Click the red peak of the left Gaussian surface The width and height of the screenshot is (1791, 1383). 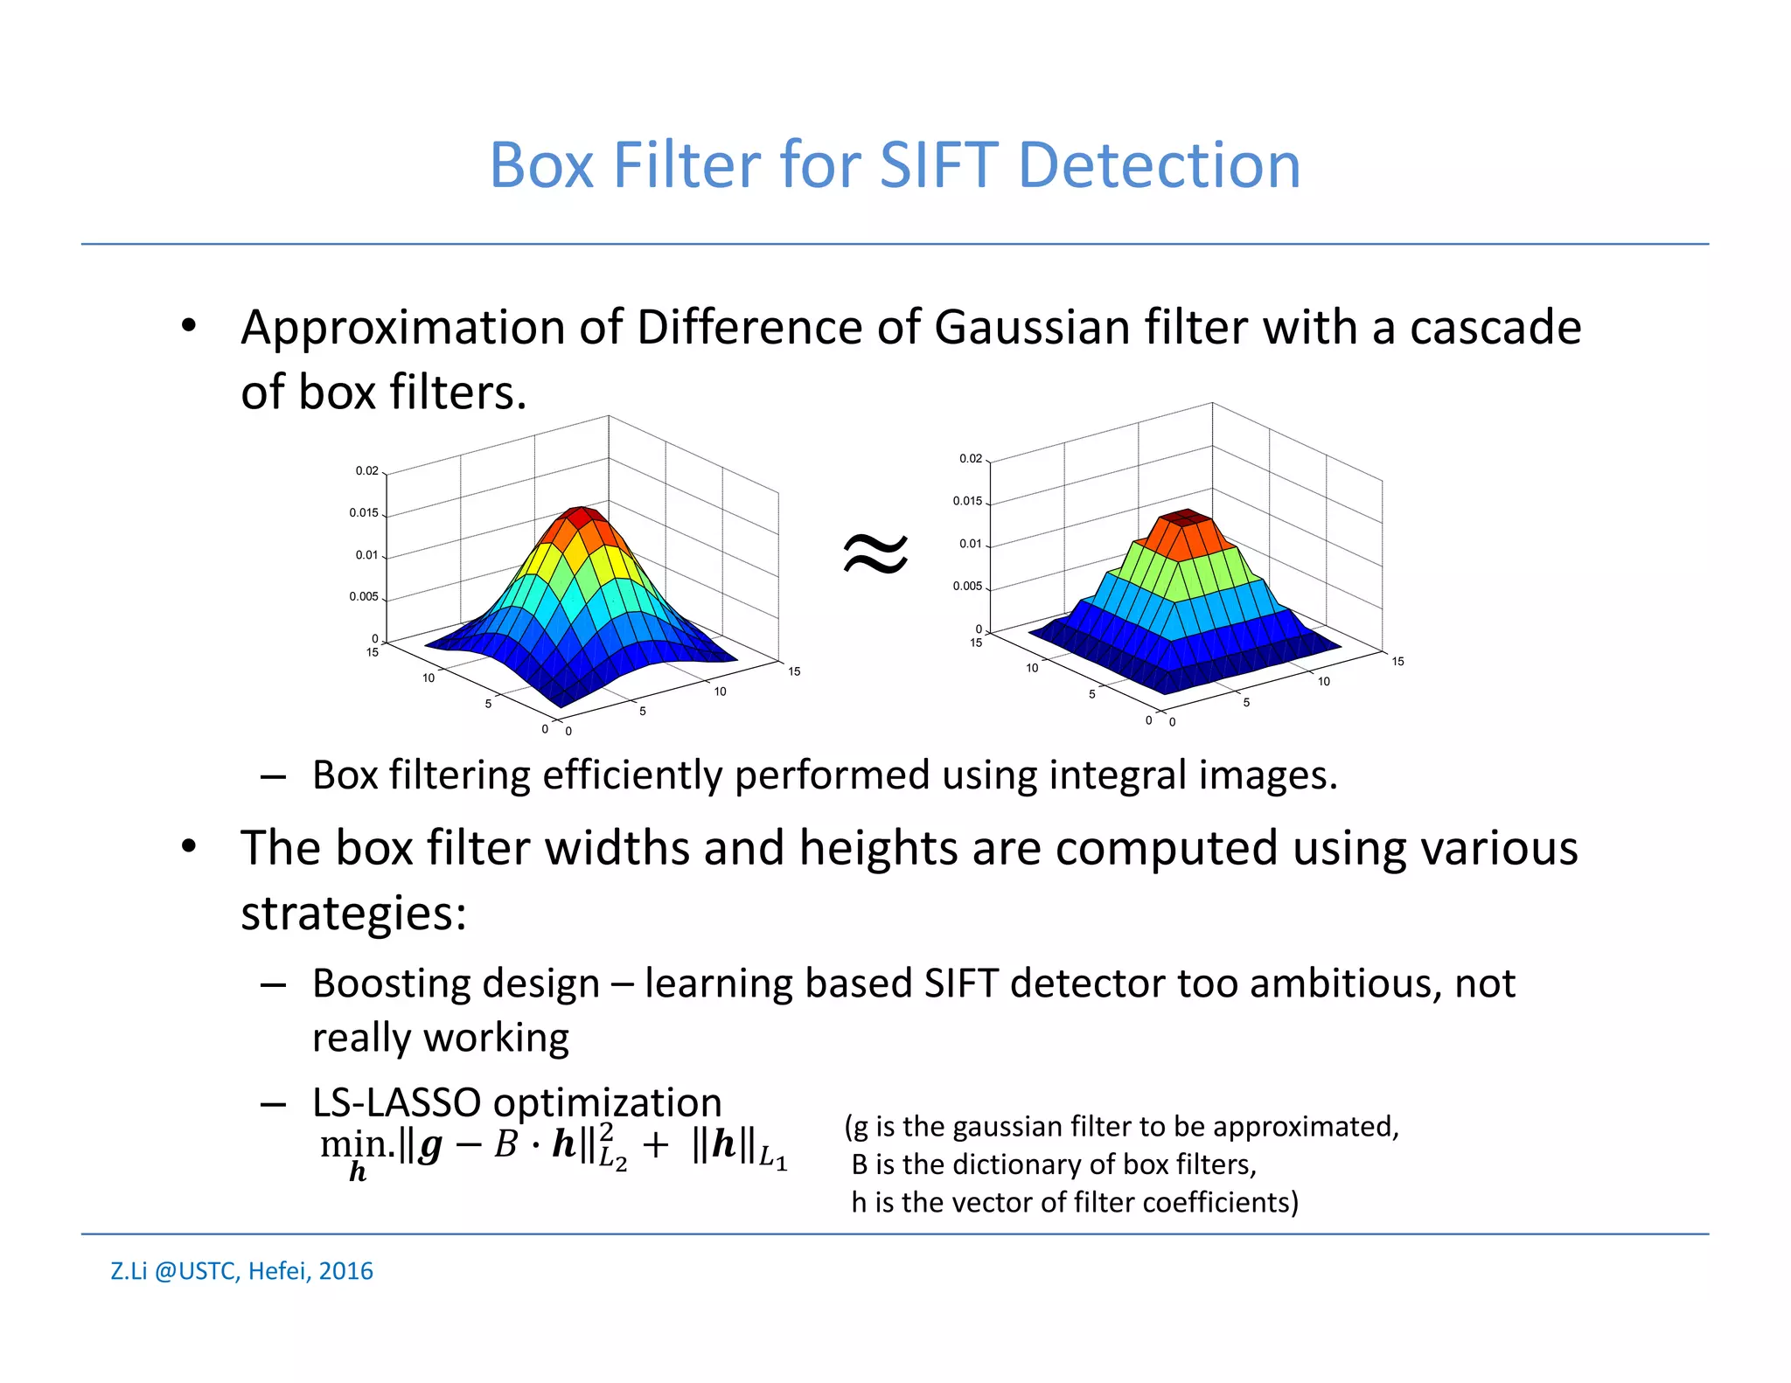pos(581,517)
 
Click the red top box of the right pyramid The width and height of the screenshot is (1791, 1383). pos(1186,518)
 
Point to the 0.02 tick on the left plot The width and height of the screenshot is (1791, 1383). pos(366,471)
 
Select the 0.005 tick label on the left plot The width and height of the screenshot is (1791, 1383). pos(363,597)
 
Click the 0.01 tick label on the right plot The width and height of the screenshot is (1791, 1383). pos(970,544)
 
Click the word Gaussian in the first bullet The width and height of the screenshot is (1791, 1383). pos(1032,328)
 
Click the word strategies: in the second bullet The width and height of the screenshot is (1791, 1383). pos(353,914)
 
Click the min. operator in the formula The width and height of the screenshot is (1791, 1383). pos(357,1145)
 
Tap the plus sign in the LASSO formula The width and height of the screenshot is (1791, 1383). pos(655,1145)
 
